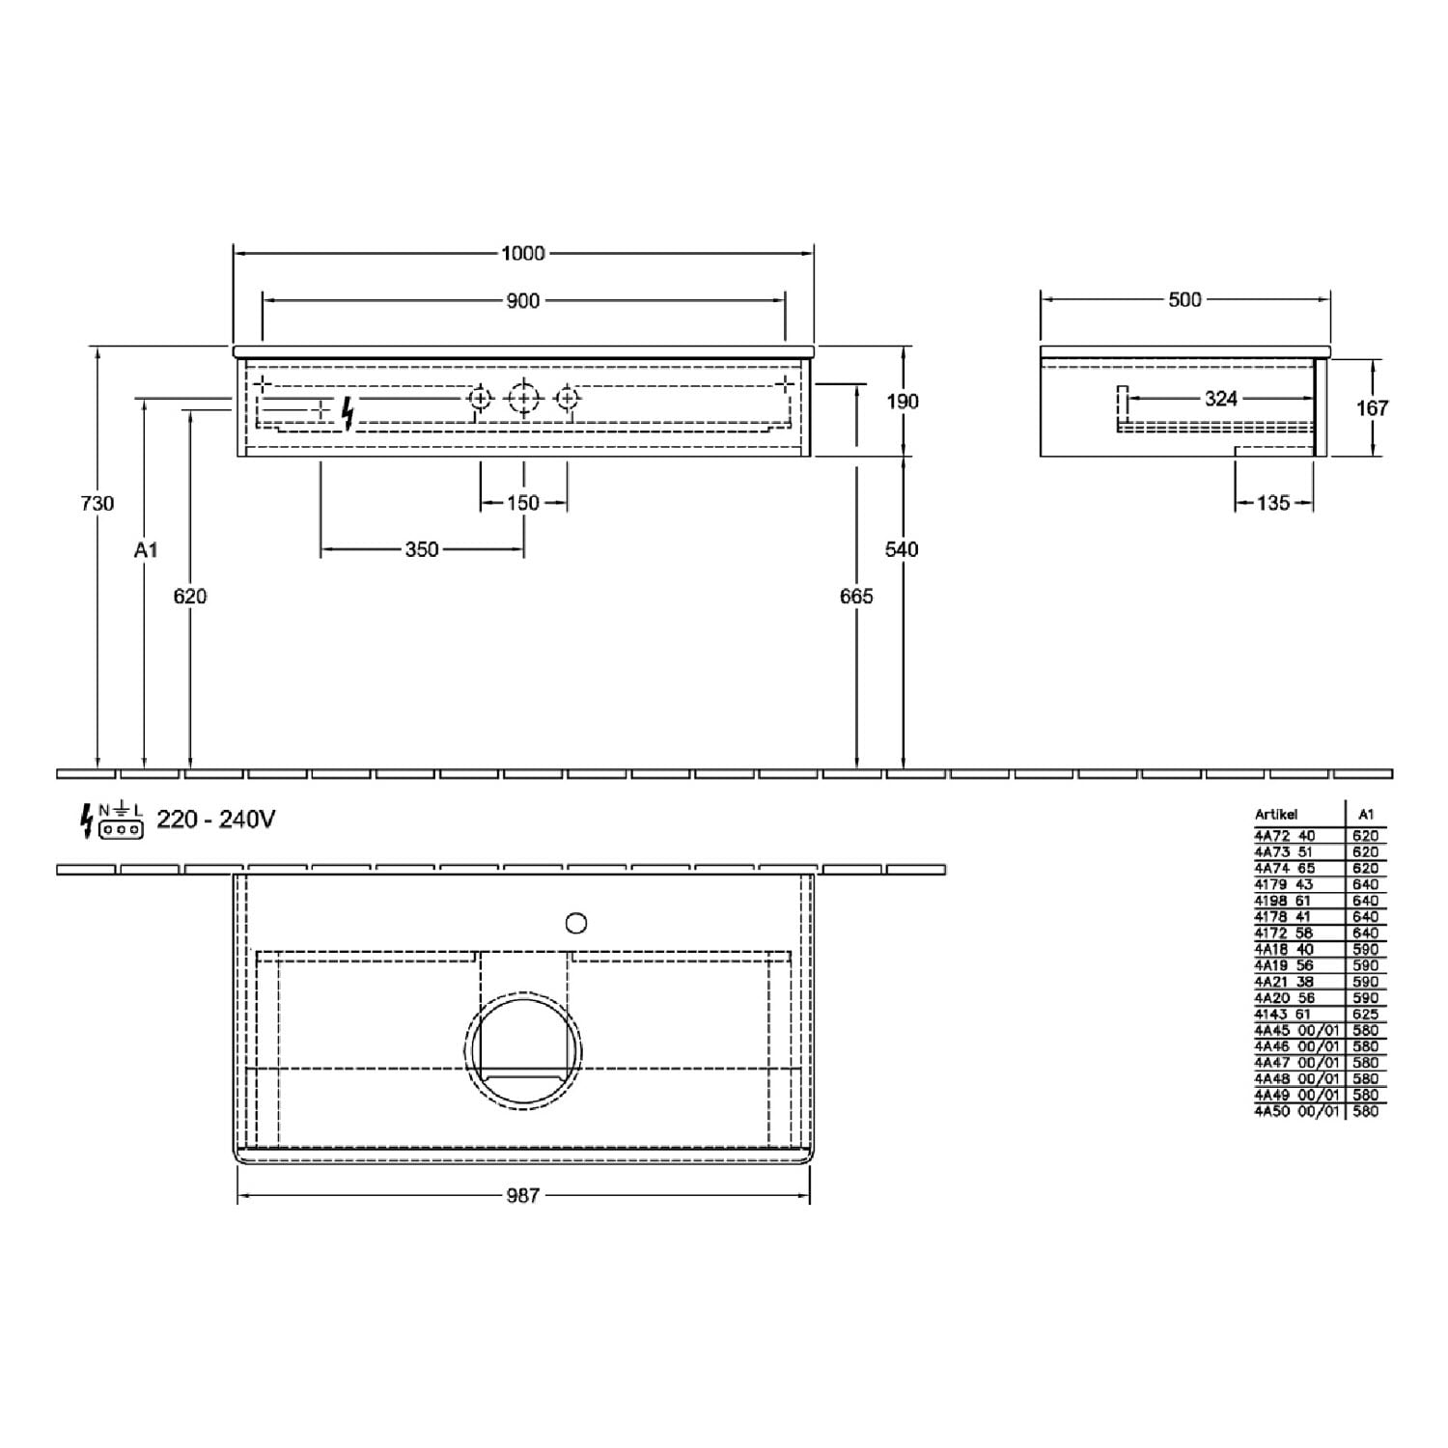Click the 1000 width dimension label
pos(523,253)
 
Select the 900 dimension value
pos(523,301)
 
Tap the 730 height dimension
pos(97,503)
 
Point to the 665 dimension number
pos(856,597)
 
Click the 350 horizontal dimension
pos(422,549)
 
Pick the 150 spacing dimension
pos(523,503)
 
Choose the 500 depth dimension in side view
pos(1184,300)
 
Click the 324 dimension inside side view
pos(1221,399)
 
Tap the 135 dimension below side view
pos(1273,503)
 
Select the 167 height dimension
pos(1372,407)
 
